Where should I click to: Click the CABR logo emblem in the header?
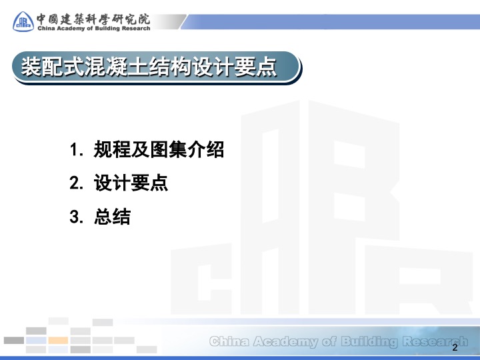click(23, 21)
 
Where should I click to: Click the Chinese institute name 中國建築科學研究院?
click(93, 19)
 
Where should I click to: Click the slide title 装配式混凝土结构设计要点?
click(149, 67)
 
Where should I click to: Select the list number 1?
click(75, 150)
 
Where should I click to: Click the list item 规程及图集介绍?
click(159, 149)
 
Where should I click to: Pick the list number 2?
click(76, 183)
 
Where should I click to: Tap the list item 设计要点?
click(131, 183)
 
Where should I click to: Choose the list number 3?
click(76, 217)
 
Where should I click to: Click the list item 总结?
click(113, 217)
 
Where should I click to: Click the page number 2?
click(455, 347)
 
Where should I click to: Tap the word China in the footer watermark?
click(229, 341)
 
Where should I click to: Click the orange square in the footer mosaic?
click(58, 340)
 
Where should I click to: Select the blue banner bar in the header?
click(331, 22)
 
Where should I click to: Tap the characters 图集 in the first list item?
click(169, 149)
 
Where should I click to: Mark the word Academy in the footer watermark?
click(285, 342)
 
